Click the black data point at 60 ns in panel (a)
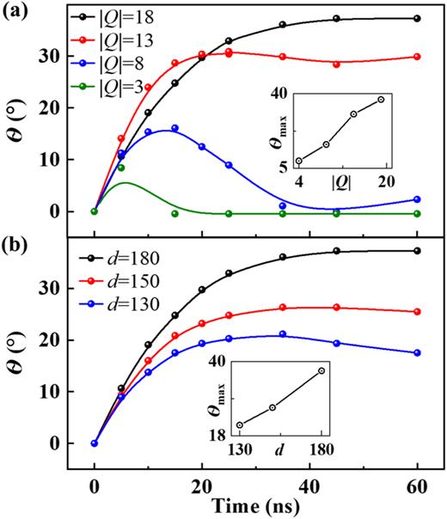[x=417, y=18]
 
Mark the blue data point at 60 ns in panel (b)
[x=417, y=352]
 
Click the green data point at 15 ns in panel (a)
[x=175, y=213]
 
